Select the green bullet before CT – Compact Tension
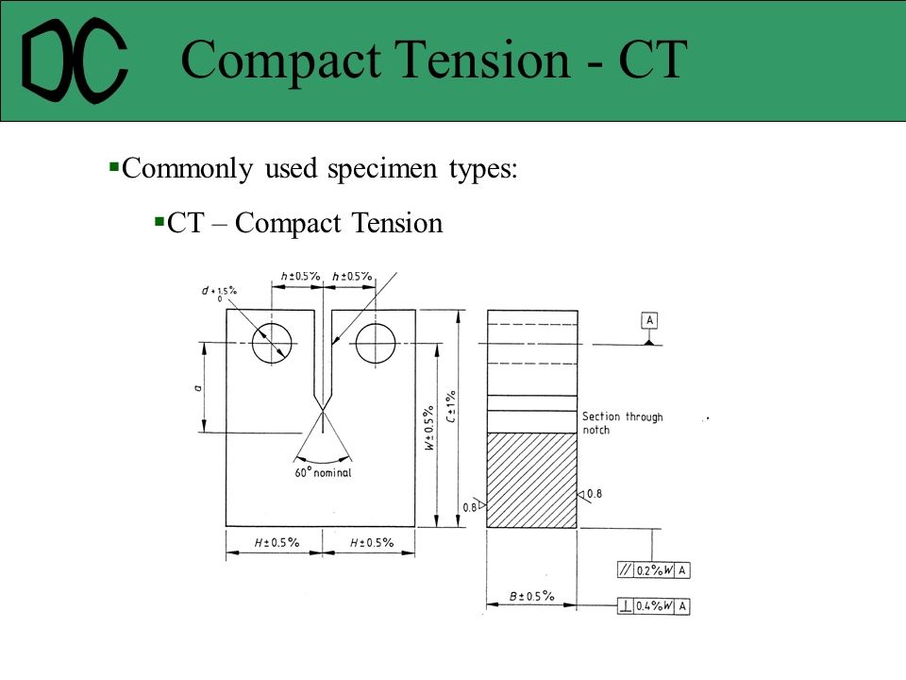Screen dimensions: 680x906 159,222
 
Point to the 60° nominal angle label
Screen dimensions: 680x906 323,473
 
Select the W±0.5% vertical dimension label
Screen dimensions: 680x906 429,431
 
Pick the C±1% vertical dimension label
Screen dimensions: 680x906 452,406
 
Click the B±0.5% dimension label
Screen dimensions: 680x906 531,597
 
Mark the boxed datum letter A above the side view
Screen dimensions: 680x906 649,320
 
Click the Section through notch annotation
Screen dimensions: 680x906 622,423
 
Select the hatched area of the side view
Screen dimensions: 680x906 531,480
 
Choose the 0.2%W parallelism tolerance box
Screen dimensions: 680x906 653,569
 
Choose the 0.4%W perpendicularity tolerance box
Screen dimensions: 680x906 653,605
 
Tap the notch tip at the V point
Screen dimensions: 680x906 324,409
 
